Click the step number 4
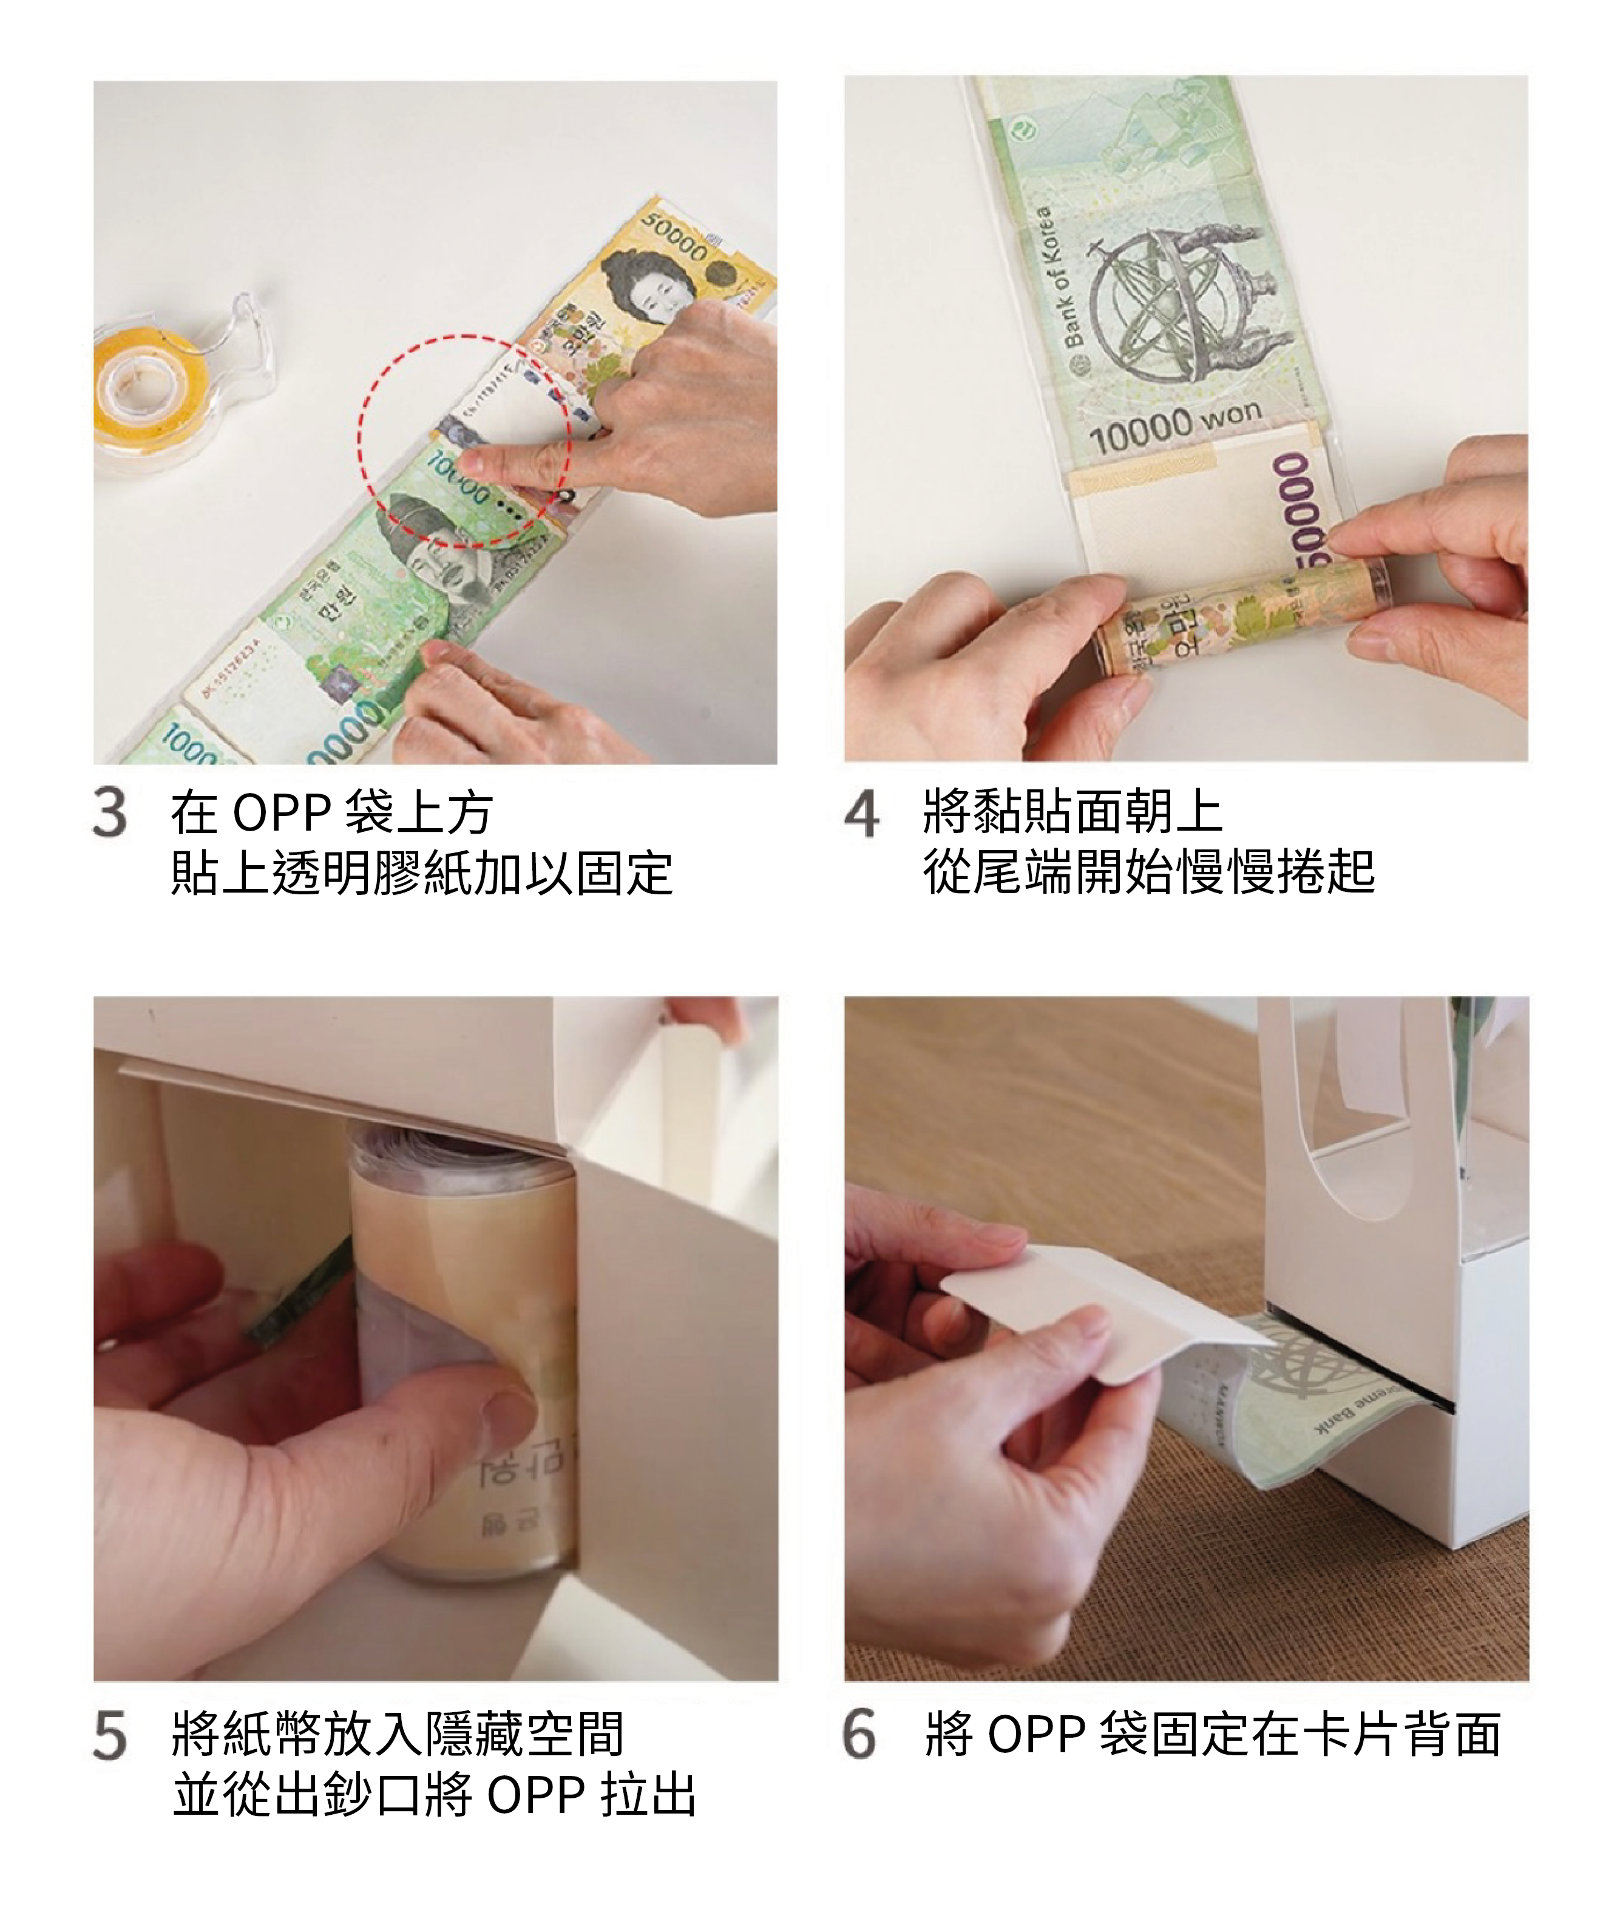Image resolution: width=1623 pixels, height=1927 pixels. click(861, 815)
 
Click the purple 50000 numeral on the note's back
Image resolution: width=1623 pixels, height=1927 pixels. click(1300, 506)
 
